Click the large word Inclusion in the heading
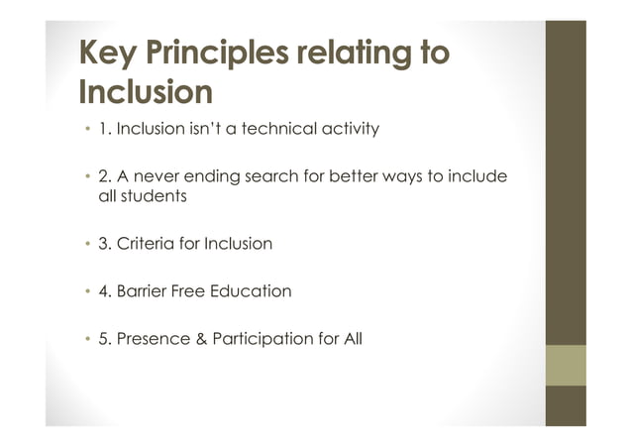(146, 92)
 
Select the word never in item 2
(162, 177)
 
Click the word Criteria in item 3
(146, 244)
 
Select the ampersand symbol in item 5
(201, 339)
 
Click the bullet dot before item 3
(87, 244)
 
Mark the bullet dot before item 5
(87, 339)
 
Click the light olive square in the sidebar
(567, 365)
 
